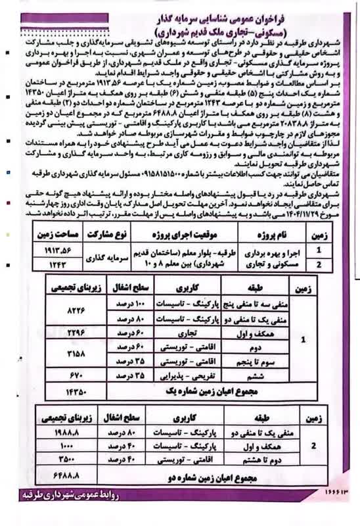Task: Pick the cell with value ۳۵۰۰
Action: [x=69, y=458]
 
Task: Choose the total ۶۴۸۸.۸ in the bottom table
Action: [x=69, y=473]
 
